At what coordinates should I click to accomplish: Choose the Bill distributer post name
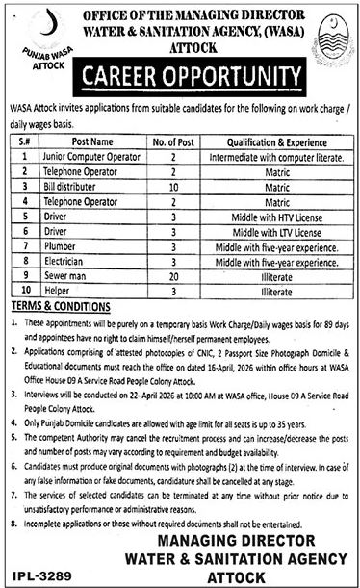pyautogui.click(x=68, y=180)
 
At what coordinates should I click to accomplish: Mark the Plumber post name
pyautogui.click(x=59, y=247)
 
